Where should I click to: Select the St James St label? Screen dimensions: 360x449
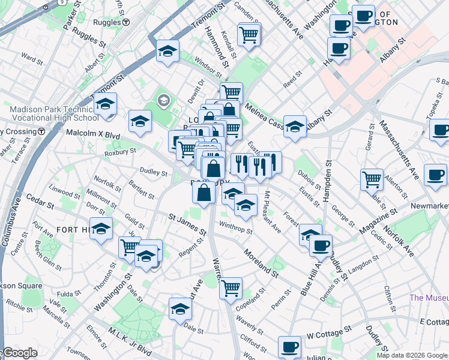point(187,225)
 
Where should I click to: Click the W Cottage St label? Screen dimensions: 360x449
point(328,332)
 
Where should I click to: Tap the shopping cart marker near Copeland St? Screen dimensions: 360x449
point(231,289)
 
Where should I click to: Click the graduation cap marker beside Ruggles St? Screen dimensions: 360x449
point(168,51)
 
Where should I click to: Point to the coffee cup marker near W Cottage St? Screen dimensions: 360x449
point(290,347)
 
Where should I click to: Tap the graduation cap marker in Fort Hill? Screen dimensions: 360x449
point(101,229)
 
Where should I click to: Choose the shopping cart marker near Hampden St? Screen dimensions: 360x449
point(372,178)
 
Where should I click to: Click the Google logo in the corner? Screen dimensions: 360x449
point(19,353)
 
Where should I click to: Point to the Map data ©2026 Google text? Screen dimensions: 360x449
point(411,355)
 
